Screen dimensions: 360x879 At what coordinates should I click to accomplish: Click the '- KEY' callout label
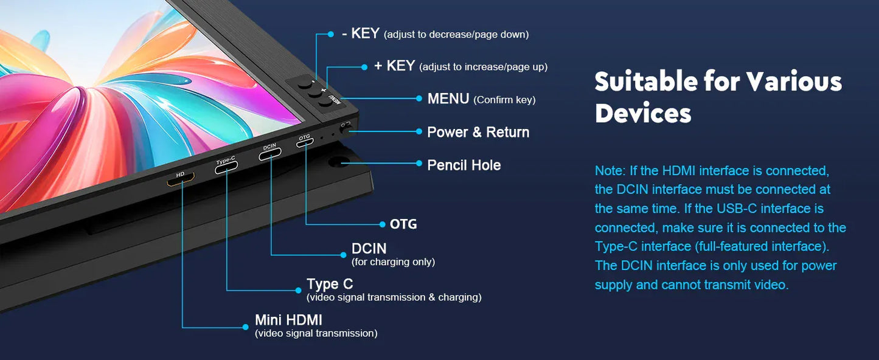(x=361, y=34)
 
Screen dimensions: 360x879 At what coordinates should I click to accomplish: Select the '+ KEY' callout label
(x=394, y=66)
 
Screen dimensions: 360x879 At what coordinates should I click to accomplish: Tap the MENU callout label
(x=448, y=99)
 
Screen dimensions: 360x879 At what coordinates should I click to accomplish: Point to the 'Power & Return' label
(x=478, y=132)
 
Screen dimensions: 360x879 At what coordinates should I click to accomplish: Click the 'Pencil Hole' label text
(x=464, y=165)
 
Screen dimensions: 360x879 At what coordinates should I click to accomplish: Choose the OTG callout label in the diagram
(x=403, y=224)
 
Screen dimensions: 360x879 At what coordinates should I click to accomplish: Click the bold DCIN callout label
(x=369, y=249)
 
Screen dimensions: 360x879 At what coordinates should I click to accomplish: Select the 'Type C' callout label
(x=330, y=284)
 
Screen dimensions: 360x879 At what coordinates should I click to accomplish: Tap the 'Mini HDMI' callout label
(x=288, y=320)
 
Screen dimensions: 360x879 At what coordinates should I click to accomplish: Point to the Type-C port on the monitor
(x=226, y=168)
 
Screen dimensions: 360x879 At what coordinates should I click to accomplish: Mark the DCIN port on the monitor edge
(x=270, y=154)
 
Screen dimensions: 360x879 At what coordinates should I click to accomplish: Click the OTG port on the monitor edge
(x=305, y=143)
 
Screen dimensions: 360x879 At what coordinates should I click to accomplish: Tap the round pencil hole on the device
(x=339, y=162)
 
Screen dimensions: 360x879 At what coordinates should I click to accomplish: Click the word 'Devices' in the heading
(x=643, y=114)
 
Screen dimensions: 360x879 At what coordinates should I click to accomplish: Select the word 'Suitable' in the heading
(x=645, y=81)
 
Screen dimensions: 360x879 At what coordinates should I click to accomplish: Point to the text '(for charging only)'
(x=393, y=262)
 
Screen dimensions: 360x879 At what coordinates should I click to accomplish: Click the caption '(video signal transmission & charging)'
(x=394, y=297)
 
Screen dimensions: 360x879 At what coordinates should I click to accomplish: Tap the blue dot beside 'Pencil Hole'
(x=419, y=164)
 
